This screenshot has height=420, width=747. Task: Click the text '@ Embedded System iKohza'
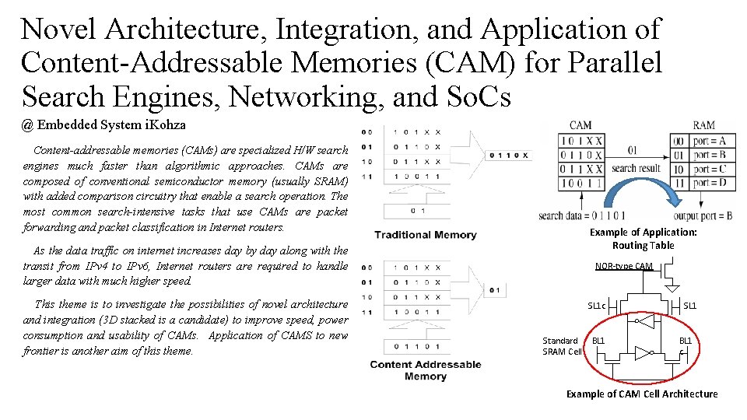[104, 124]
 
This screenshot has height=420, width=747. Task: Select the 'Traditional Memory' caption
[425, 234]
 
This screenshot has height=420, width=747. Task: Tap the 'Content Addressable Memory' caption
[425, 370]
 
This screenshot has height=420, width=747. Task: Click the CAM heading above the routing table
[580, 125]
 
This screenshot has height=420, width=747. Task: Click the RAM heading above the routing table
[703, 125]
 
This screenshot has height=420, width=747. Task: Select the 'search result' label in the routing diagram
[636, 168]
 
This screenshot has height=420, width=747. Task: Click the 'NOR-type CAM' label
[624, 266]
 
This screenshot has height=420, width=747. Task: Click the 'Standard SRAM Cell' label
[562, 346]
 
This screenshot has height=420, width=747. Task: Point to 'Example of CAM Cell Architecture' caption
[642, 394]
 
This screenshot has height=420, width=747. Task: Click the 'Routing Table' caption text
[643, 245]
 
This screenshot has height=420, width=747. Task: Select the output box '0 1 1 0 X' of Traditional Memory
[508, 155]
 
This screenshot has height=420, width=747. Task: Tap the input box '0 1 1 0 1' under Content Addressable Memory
[418, 346]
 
